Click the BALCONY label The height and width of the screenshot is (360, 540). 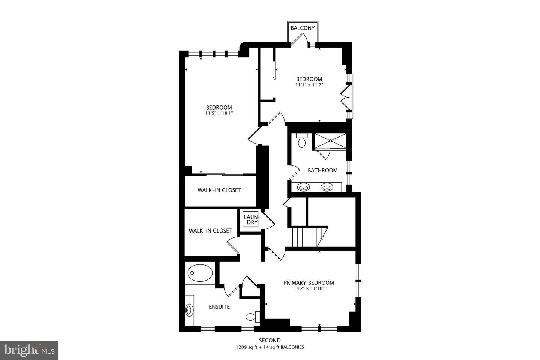(303, 28)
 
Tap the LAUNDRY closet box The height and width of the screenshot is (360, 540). (251, 219)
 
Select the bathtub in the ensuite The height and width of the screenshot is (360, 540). (200, 273)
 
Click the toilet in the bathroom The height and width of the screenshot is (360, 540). (301, 141)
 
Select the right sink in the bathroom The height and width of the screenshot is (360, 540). (327, 187)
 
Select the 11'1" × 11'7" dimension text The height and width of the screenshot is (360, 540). (309, 85)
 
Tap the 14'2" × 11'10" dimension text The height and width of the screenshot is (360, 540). (309, 288)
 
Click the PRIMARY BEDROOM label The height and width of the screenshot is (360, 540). (309, 283)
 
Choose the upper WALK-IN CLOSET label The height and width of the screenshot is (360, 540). (219, 190)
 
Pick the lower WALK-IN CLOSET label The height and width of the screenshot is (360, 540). (210, 231)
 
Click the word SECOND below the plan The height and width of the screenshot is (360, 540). (270, 340)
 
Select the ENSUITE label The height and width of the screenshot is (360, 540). (219, 307)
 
